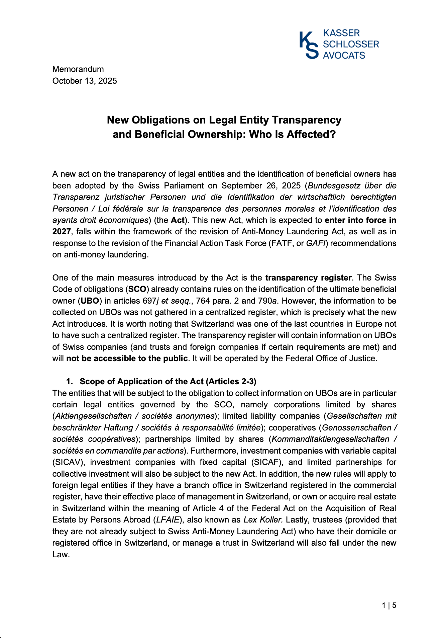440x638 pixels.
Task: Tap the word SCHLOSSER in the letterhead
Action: point(351,44)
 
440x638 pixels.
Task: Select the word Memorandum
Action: point(78,69)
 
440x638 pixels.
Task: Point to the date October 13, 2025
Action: point(85,81)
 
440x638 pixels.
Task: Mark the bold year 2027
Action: point(62,232)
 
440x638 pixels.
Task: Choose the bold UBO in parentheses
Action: point(90,301)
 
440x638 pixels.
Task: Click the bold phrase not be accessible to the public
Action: point(127,358)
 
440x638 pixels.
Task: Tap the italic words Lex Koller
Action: point(263,520)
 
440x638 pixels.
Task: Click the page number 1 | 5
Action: point(389,605)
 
